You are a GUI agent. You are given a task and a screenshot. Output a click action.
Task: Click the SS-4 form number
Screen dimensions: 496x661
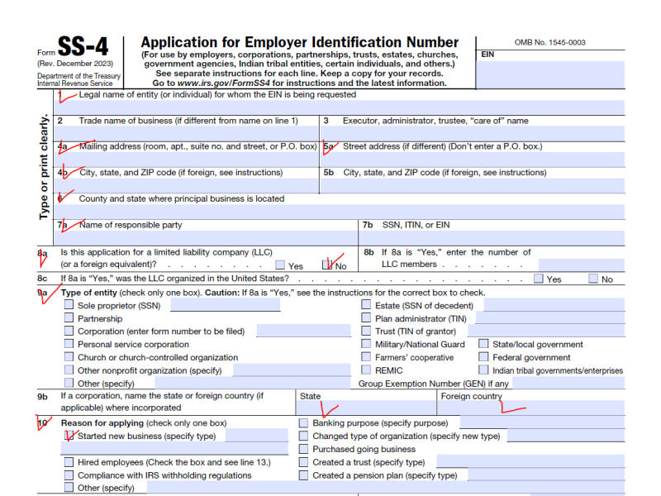[82, 47]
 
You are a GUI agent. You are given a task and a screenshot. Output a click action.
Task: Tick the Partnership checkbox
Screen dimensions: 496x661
[69, 318]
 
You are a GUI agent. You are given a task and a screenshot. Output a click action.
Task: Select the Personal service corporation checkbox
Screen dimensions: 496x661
[69, 345]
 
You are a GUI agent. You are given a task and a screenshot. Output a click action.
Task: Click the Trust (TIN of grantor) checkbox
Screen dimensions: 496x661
[367, 331]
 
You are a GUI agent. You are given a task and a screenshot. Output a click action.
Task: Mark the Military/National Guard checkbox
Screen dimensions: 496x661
[367, 345]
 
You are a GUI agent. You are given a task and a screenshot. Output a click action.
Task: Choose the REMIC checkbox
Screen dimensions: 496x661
[367, 371]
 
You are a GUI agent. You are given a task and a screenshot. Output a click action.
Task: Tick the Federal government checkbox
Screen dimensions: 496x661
[484, 358]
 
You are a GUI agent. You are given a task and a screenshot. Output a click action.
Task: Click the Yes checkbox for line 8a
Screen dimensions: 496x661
[281, 265]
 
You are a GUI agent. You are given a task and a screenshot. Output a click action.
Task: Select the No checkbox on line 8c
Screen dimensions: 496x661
[593, 279]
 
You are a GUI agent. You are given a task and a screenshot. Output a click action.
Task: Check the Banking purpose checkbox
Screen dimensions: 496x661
[304, 423]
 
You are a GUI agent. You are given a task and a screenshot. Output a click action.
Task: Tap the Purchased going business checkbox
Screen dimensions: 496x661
[304, 450]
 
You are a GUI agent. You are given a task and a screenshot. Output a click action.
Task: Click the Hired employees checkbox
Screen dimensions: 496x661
[69, 462]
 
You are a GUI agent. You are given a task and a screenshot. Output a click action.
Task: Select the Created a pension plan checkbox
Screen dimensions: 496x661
[304, 475]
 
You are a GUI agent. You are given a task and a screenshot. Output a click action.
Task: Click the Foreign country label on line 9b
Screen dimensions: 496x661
[471, 397]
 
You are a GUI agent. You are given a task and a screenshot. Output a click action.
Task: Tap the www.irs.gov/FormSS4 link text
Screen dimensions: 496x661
[221, 83]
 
